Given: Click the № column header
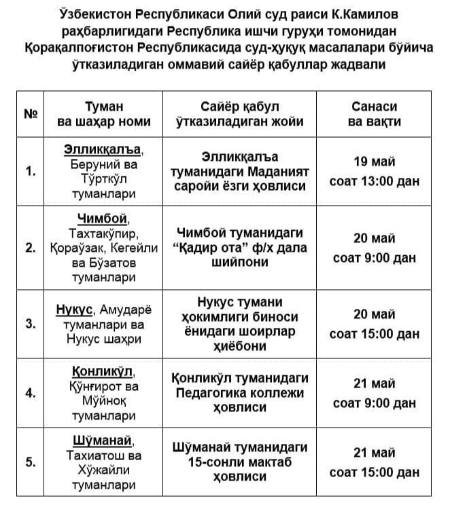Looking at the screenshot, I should point(30,114).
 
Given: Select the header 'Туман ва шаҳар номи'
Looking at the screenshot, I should point(104,114).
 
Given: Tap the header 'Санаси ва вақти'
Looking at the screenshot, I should point(374,114).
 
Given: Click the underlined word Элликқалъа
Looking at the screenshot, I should point(103,149).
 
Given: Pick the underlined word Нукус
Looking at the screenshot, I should point(74,310).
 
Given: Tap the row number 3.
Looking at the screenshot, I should point(30,324).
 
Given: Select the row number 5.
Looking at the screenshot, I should point(30,462).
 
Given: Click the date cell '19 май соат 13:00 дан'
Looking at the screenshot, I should point(374,171).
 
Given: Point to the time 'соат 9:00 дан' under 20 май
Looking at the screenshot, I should point(374,258).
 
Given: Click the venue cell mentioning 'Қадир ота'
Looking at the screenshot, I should point(239,248).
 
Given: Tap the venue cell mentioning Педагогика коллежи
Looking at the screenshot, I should point(239,392).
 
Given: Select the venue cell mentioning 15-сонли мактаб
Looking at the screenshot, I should point(239,462).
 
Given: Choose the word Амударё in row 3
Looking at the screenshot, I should point(126,310).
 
